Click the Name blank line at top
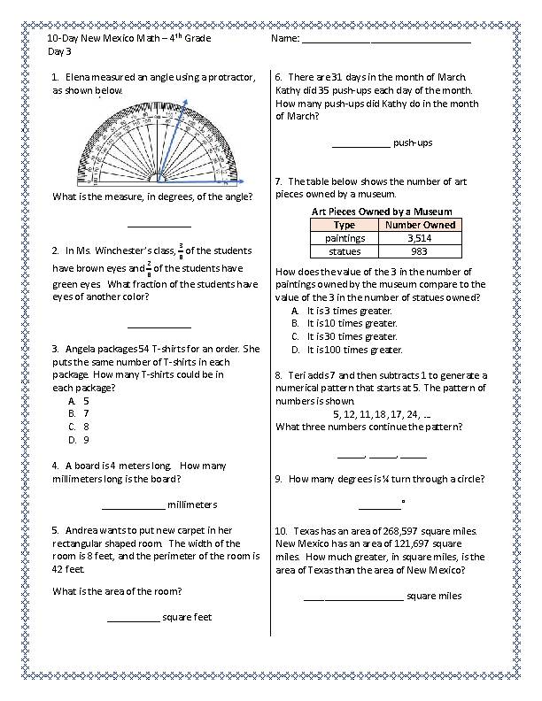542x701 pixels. click(386, 42)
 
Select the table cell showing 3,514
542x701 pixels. click(419, 238)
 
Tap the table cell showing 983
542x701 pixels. click(419, 251)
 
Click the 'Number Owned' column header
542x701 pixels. click(419, 225)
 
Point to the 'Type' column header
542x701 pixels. click(345, 225)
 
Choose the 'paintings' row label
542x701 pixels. click(345, 238)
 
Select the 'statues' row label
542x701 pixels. click(345, 251)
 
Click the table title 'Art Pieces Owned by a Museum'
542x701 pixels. click(382, 212)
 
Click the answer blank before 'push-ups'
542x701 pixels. click(360, 143)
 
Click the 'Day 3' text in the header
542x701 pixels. click(59, 52)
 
